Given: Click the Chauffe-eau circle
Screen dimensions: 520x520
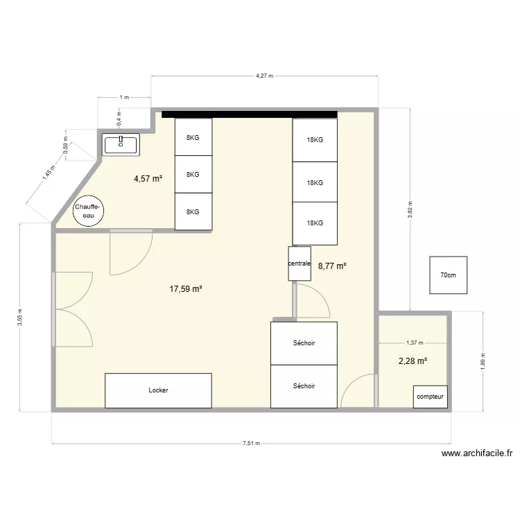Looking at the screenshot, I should click(x=88, y=211).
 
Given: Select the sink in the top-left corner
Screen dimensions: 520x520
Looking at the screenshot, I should click(x=121, y=144).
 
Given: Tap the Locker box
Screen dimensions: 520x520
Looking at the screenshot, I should click(x=158, y=390).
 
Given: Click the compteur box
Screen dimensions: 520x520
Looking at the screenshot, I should click(x=430, y=397).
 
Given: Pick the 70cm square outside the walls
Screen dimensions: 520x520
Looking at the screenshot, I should click(x=448, y=275).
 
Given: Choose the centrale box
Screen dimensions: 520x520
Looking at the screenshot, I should click(x=300, y=264).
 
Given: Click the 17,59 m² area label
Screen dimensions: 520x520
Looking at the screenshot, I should click(x=185, y=290).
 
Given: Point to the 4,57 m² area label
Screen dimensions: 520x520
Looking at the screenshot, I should click(x=148, y=179).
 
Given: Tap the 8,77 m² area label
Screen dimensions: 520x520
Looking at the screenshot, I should click(x=331, y=265).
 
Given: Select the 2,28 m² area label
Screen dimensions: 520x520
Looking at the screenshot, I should click(x=412, y=361).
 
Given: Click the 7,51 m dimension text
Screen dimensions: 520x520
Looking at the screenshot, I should click(x=250, y=444).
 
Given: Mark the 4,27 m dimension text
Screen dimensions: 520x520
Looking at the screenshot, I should click(x=264, y=76).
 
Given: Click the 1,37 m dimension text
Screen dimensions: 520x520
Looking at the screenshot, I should click(x=415, y=343).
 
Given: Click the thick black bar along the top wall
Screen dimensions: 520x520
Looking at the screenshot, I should click(x=250, y=114).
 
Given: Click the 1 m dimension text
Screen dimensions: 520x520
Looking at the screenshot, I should click(x=124, y=98).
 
